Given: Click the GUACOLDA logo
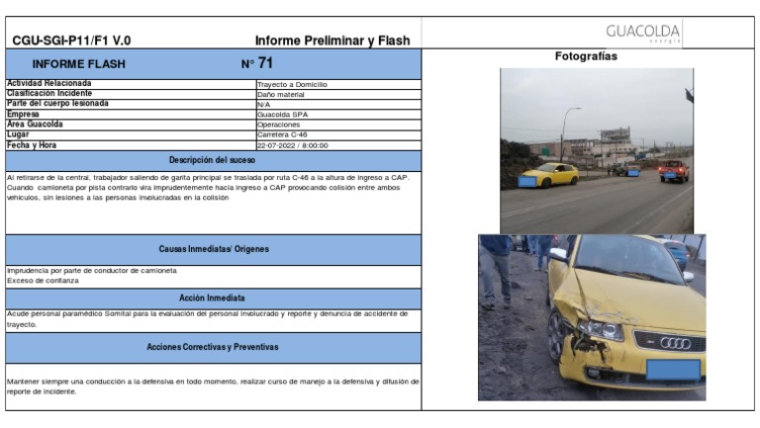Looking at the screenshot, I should (643, 33).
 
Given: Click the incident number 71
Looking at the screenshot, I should (265, 64).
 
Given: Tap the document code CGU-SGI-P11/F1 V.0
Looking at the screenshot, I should (71, 41).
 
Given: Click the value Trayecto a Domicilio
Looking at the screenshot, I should (291, 85).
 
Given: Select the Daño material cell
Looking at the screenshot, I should (280, 94).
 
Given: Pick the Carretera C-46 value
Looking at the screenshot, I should (282, 134).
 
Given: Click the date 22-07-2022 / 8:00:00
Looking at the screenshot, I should (292, 145).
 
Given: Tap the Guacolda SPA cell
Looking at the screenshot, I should (282, 115).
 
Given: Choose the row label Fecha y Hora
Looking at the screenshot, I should (33, 145).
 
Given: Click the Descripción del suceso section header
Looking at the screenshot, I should (212, 160).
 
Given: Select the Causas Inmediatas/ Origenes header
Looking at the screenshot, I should (214, 249).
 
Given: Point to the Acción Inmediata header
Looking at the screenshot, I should (212, 298).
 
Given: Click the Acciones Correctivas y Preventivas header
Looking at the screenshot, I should (212, 347).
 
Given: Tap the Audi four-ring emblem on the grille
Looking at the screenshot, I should (675, 342).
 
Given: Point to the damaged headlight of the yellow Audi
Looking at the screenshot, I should (600, 329).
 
